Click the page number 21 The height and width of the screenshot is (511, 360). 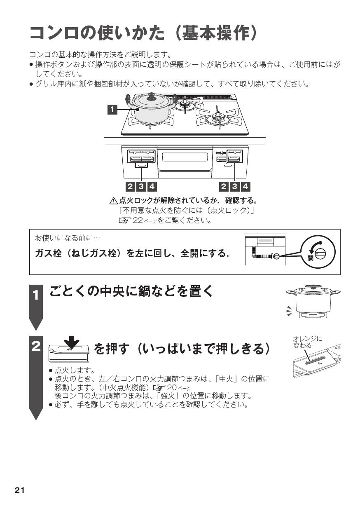click(20, 490)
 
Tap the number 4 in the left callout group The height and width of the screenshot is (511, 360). click(152, 186)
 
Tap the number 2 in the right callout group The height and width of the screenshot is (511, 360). click(224, 186)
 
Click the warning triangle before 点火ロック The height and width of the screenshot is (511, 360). click(114, 201)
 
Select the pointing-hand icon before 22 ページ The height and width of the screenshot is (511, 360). click(124, 220)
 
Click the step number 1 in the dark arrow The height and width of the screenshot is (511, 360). click(37, 295)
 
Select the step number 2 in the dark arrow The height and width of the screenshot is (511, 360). click(37, 346)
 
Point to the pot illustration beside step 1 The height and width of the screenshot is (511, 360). click(313, 302)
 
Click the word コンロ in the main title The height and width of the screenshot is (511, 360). click(54, 33)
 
